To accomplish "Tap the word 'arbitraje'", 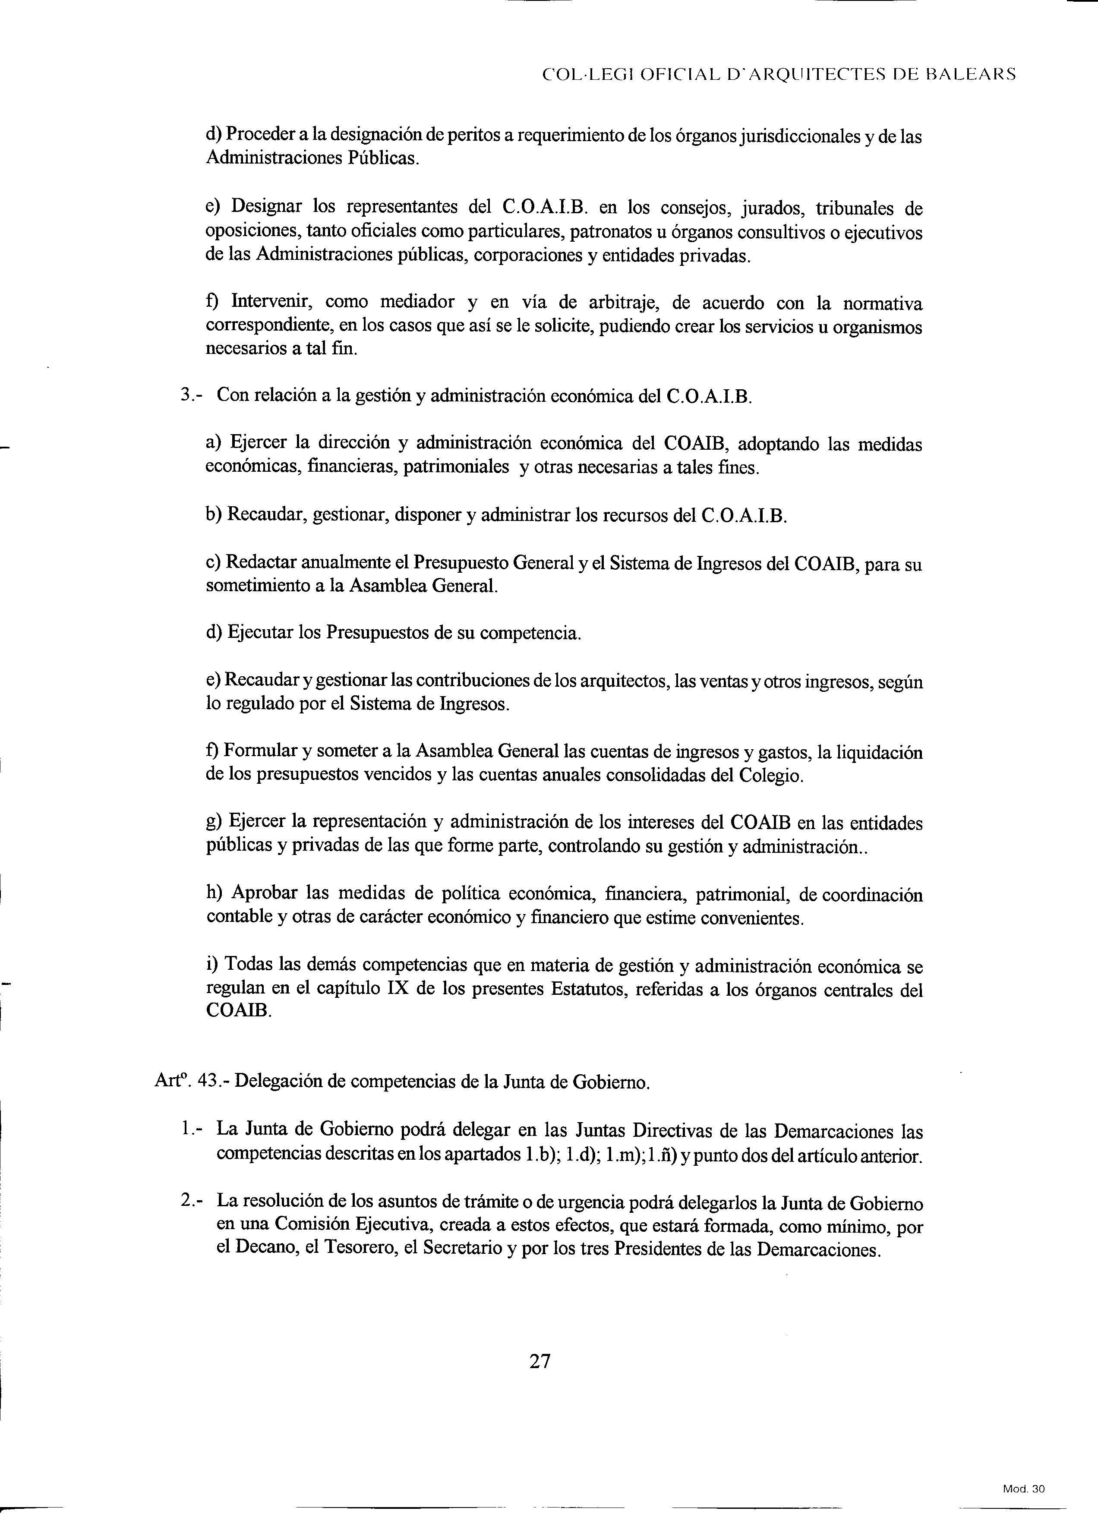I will click(x=624, y=303).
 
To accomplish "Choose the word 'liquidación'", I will click(x=879, y=752).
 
